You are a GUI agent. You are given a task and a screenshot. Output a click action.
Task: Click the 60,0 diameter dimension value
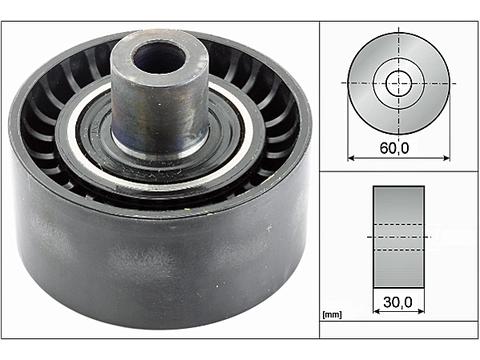click(394, 148)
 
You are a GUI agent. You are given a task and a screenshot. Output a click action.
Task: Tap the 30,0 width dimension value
click(398, 302)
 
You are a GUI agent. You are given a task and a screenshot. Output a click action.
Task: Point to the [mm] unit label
click(332, 314)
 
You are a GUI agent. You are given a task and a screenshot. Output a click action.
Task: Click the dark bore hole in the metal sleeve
click(159, 58)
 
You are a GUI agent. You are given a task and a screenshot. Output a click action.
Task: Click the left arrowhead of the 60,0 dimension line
click(351, 158)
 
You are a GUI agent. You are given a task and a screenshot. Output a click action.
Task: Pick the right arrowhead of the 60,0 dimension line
click(447, 158)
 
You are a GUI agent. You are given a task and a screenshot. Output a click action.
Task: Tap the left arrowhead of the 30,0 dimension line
click(376, 311)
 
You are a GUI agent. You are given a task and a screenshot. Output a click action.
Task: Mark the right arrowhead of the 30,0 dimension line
click(421, 311)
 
